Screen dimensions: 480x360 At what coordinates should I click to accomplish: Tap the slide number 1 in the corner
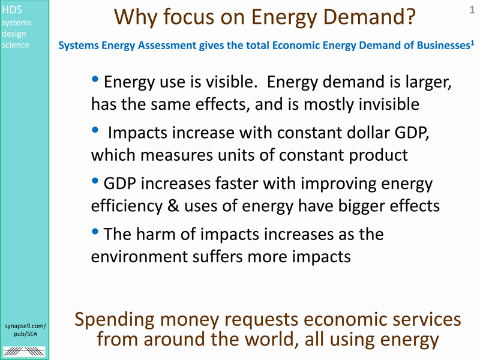click(472, 10)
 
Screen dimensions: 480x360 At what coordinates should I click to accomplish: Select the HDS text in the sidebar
click(12, 10)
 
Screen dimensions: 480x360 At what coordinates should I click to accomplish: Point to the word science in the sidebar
click(16, 45)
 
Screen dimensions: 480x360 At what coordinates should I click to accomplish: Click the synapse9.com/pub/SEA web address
click(25, 330)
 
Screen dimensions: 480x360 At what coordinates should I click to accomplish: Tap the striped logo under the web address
click(24, 352)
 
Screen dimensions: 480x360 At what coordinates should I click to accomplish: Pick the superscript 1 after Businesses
click(472, 43)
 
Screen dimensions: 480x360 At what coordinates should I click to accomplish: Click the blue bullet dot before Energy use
click(95, 79)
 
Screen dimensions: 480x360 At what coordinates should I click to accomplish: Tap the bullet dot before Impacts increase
click(95, 130)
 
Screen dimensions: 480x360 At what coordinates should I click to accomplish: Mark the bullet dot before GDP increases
click(95, 181)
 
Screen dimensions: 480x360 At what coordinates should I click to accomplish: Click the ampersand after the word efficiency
click(173, 206)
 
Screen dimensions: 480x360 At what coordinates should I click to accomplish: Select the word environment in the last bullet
click(139, 257)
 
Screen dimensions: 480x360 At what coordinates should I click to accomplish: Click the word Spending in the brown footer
click(115, 320)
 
